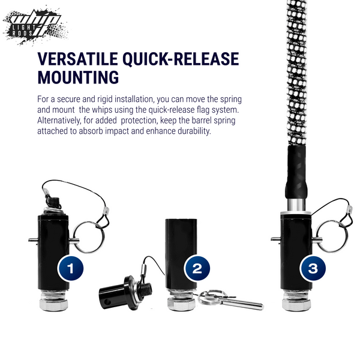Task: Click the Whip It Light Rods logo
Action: point(34,26)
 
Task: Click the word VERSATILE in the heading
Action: point(77,59)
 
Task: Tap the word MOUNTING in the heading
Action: point(78,77)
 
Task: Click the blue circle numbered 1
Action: point(70,268)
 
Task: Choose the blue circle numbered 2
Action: point(197,268)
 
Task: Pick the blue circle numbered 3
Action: point(313,268)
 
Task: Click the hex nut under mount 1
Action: point(53,304)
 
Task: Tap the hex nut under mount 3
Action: point(296,304)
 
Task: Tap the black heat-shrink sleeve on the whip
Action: point(296,172)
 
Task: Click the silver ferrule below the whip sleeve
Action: point(296,205)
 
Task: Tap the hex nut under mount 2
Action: point(181,304)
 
